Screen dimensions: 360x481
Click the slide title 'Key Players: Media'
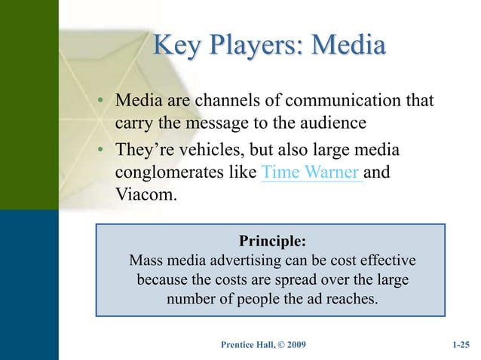268,46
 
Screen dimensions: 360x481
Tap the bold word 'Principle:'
272,241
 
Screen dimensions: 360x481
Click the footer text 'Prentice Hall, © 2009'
263,345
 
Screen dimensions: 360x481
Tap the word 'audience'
338,123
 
